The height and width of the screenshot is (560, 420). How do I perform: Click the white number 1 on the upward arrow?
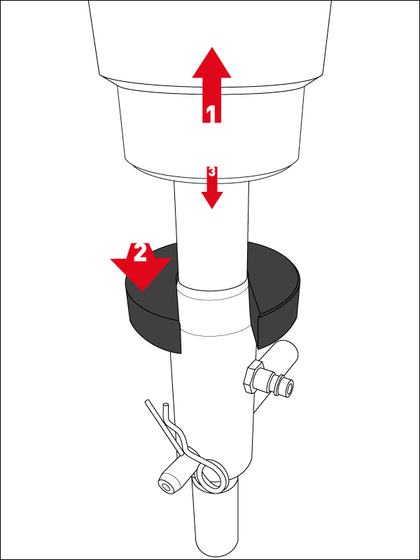pyautogui.click(x=211, y=114)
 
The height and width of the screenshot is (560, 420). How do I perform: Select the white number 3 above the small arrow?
pyautogui.click(x=212, y=171)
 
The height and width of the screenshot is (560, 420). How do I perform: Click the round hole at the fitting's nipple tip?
pyautogui.click(x=288, y=386)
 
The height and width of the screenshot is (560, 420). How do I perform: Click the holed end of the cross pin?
pyautogui.click(x=166, y=487)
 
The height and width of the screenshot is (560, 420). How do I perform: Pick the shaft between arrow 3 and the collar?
pyautogui.click(x=211, y=232)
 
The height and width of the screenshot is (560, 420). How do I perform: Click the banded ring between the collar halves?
pyautogui.click(x=213, y=312)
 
